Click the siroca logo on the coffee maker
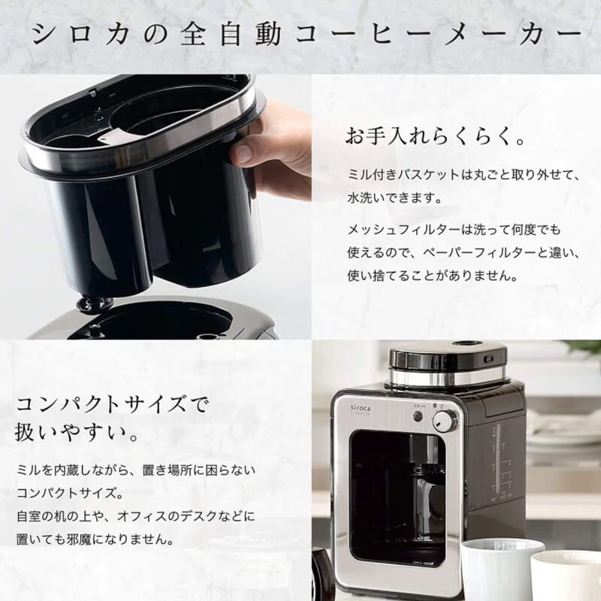point(361,409)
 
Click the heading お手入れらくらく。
point(435,136)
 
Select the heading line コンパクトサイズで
point(112,405)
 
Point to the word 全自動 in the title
point(231,35)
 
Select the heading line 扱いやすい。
point(77,433)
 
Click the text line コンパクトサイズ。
point(70,493)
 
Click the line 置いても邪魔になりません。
point(95,539)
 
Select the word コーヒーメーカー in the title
point(438,35)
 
